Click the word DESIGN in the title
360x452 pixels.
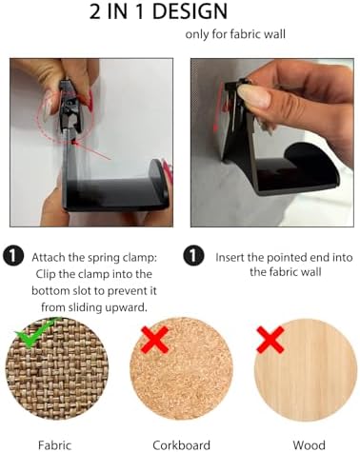tap(190, 11)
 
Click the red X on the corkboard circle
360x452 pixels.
tap(155, 340)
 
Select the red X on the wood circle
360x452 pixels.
tap(270, 340)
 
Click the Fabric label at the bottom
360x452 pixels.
tap(54, 445)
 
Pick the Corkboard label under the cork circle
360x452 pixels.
tap(181, 445)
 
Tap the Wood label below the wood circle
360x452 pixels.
tap(309, 445)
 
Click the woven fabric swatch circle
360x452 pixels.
tap(57, 369)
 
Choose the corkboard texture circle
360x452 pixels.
tap(181, 369)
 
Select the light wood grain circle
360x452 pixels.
tap(306, 369)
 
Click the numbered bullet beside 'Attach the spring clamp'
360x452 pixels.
tap(13, 256)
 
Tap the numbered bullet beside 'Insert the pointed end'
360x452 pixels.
tap(193, 256)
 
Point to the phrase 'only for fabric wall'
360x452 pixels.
tap(235, 34)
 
